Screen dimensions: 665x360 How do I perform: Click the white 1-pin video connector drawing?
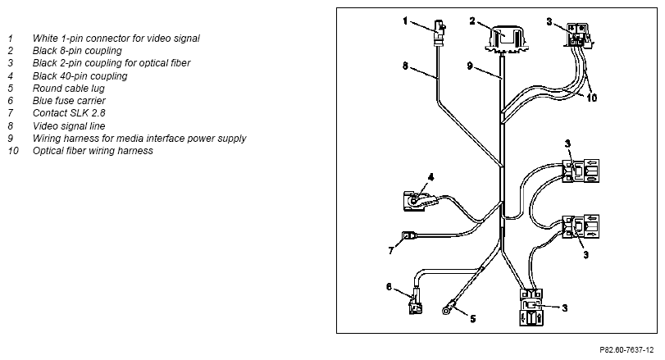pyautogui.click(x=439, y=33)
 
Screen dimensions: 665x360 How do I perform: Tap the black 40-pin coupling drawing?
pyautogui.click(x=419, y=201)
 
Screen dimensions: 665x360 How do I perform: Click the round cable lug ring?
pyautogui.click(x=447, y=311)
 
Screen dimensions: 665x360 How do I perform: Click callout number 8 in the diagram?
pyautogui.click(x=405, y=66)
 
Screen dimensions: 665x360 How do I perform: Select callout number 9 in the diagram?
pyautogui.click(x=470, y=66)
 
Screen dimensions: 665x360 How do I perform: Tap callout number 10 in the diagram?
pyautogui.click(x=592, y=98)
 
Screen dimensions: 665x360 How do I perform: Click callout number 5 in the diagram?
pyautogui.click(x=473, y=318)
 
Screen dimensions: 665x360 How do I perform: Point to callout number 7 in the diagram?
pyautogui.click(x=391, y=251)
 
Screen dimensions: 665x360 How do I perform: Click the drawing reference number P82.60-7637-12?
pyautogui.click(x=626, y=350)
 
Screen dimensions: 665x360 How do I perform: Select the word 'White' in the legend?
pyautogui.click(x=45, y=39)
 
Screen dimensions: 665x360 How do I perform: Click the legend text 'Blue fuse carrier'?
pyautogui.click(x=69, y=101)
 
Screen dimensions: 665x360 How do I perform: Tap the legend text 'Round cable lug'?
pyautogui.click(x=68, y=89)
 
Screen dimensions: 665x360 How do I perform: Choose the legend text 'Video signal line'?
pyautogui.click(x=69, y=126)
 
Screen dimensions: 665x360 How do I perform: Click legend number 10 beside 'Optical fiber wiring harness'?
pyautogui.click(x=13, y=151)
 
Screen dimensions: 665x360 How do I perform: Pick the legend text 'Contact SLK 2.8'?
pyautogui.click(x=69, y=113)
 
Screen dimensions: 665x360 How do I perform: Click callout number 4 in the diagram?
pyautogui.click(x=430, y=177)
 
